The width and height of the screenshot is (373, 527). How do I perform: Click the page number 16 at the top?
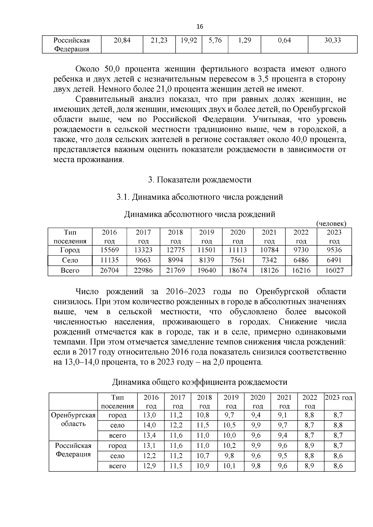pyautogui.click(x=200, y=26)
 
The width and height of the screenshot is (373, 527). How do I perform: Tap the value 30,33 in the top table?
pyautogui.click(x=332, y=40)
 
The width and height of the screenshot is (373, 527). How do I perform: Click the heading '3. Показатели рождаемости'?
pyautogui.click(x=200, y=180)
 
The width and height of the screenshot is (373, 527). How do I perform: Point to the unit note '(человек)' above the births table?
pyautogui.click(x=331, y=223)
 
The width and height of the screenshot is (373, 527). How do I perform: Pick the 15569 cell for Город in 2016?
pyautogui.click(x=109, y=250)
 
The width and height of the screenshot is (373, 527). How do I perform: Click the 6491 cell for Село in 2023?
pyautogui.click(x=334, y=260)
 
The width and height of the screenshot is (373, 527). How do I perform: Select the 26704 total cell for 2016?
pyautogui.click(x=109, y=270)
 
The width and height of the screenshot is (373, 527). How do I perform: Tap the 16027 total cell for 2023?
pyautogui.click(x=334, y=270)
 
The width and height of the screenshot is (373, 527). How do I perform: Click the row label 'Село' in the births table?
pyautogui.click(x=70, y=260)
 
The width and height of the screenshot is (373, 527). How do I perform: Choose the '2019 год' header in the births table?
pyautogui.click(x=207, y=237)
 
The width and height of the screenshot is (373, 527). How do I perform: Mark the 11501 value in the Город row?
pyautogui.click(x=207, y=250)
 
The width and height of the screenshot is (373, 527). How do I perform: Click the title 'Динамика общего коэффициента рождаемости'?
pyautogui.click(x=200, y=382)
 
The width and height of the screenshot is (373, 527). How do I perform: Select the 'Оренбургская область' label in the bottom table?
pyautogui.click(x=73, y=420)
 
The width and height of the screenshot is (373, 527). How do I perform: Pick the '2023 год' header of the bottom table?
pyautogui.click(x=338, y=398)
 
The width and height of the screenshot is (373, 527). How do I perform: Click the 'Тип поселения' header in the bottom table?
pyautogui.click(x=117, y=402)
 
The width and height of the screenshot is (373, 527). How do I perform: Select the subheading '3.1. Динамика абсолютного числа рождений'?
pyautogui.click(x=200, y=197)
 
